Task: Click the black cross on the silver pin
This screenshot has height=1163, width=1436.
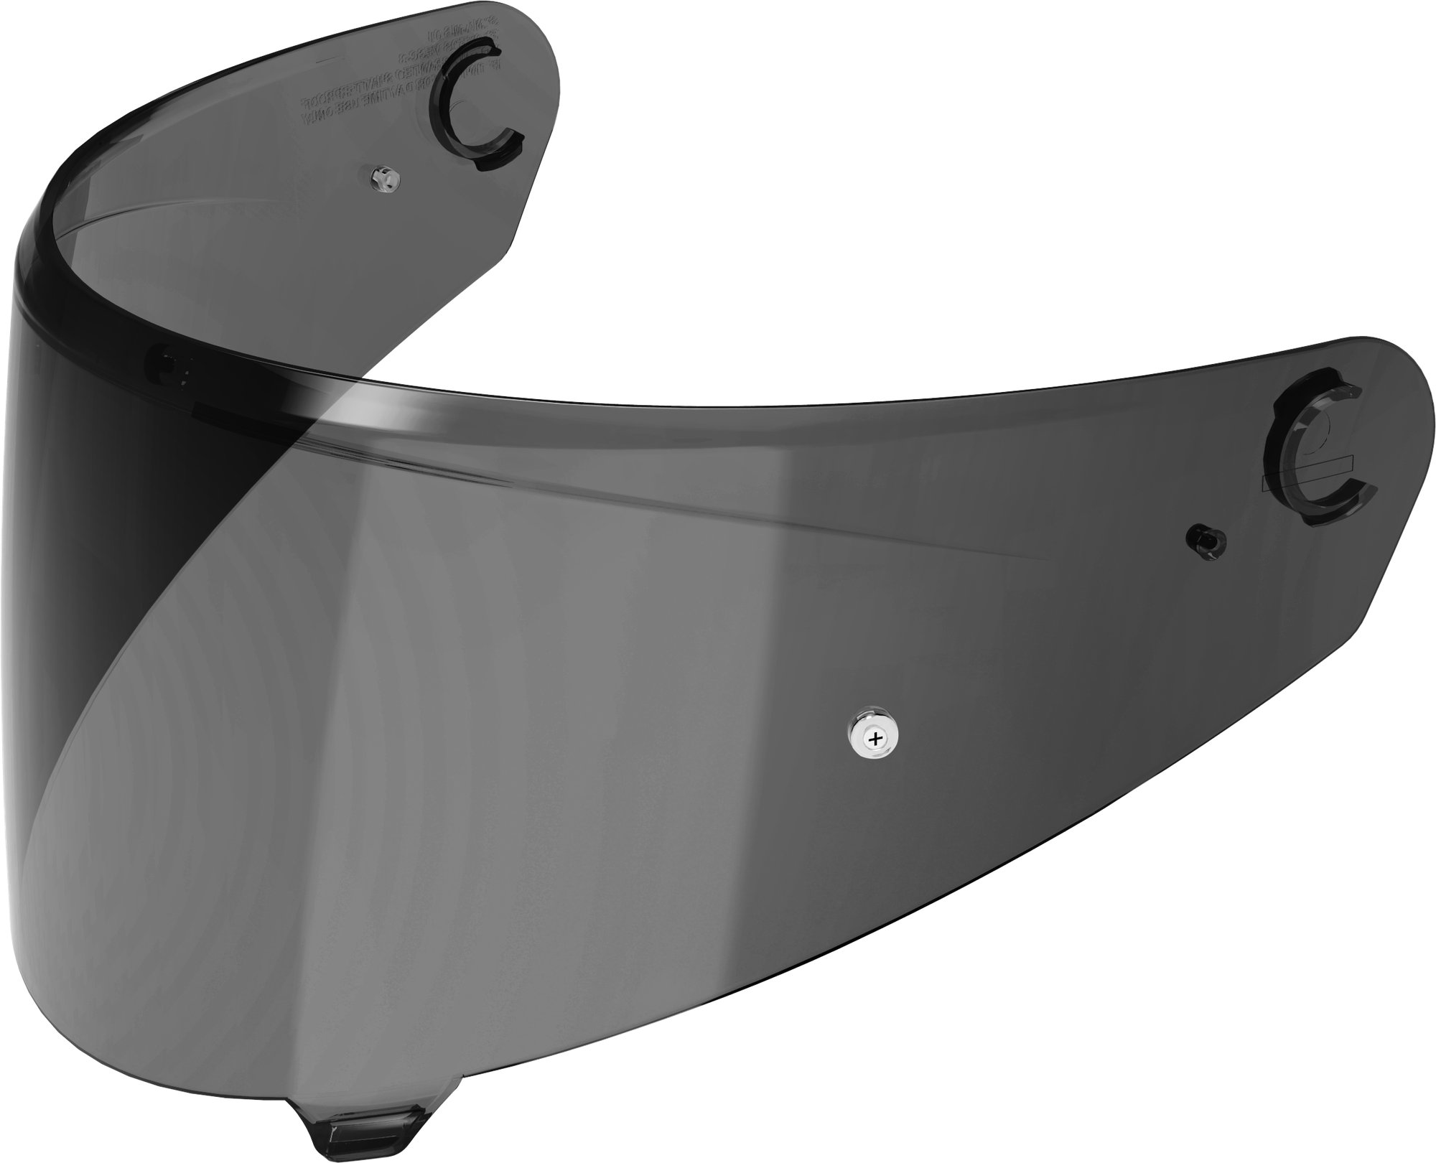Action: pos(873,737)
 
